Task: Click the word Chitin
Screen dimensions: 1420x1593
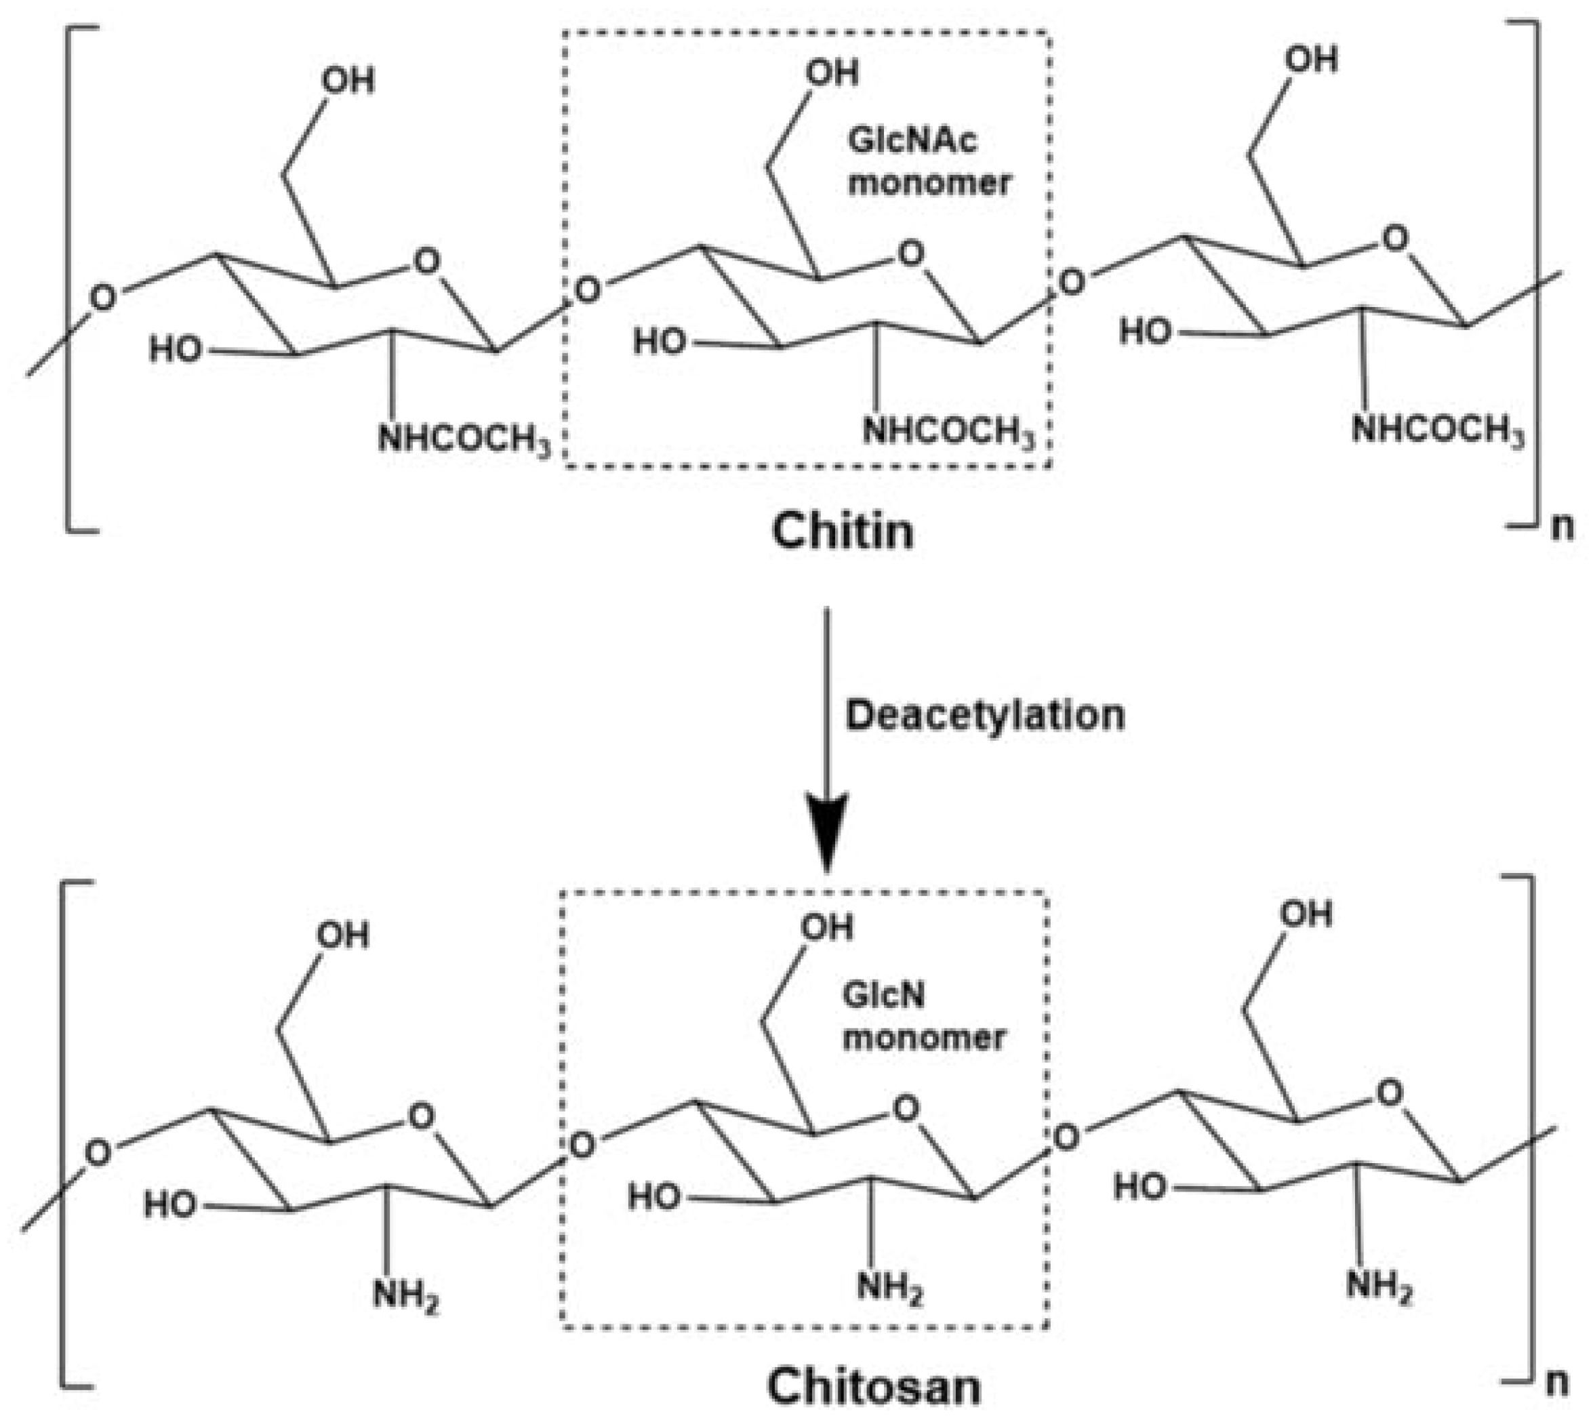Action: (x=843, y=531)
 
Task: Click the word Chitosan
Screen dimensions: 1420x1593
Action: (x=874, y=1387)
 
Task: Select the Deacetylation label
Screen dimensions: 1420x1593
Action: (x=984, y=716)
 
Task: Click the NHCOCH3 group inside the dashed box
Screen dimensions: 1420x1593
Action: (x=948, y=432)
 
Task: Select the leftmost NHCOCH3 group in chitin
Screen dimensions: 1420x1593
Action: (x=464, y=440)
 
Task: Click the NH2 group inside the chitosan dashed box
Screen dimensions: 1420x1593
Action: (x=889, y=1287)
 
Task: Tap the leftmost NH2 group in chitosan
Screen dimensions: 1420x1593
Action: (x=405, y=1296)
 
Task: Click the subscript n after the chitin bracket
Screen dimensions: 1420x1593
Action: (x=1562, y=527)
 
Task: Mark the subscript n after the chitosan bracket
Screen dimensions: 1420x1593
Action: (x=1556, y=1382)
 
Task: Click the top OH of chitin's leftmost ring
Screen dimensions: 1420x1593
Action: (x=348, y=81)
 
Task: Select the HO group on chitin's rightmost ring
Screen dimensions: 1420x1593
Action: (x=1145, y=332)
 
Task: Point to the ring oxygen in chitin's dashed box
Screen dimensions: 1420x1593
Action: (x=910, y=253)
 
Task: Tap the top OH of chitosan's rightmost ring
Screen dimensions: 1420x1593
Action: (x=1306, y=914)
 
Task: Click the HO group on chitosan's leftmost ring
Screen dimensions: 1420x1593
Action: (x=170, y=1204)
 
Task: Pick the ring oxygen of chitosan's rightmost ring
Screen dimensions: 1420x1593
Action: (x=1388, y=1094)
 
